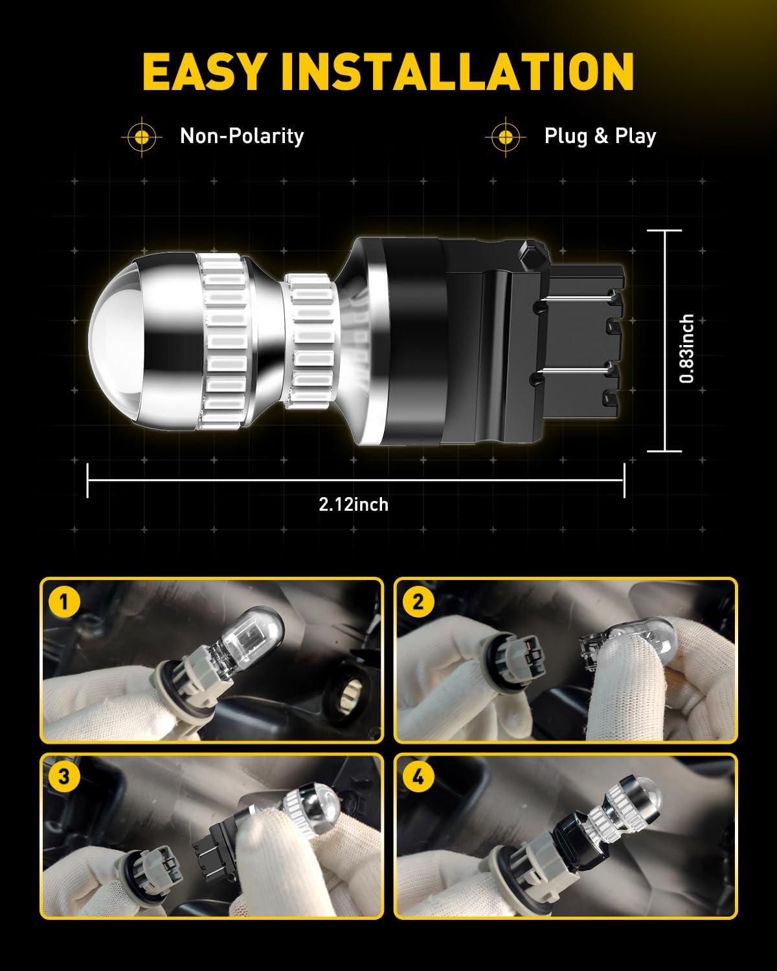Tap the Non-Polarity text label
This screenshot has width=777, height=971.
pyautogui.click(x=242, y=137)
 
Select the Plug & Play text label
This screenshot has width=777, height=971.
pyautogui.click(x=600, y=137)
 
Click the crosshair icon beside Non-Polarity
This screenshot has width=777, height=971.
pyautogui.click(x=142, y=137)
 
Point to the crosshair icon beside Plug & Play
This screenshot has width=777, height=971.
pyautogui.click(x=506, y=137)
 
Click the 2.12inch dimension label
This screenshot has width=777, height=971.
pyautogui.click(x=354, y=504)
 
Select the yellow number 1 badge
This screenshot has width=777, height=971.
pyautogui.click(x=63, y=601)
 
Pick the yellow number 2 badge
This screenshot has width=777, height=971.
pyautogui.click(x=418, y=601)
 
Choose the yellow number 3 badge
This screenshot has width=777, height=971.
pyautogui.click(x=63, y=777)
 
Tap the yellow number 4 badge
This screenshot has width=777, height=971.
pyautogui.click(x=418, y=777)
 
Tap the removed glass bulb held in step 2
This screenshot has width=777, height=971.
pyautogui.click(x=627, y=638)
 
